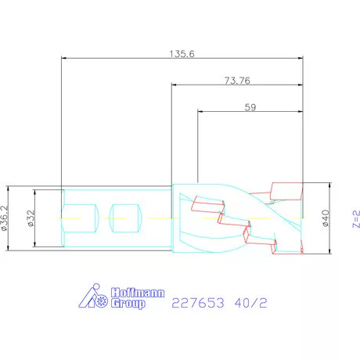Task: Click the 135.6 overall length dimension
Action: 182,54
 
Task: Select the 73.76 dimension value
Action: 237,81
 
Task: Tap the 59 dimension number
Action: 250,107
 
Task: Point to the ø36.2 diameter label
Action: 5,218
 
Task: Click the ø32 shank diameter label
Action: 31,218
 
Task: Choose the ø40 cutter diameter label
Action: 326,218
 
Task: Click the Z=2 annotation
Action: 356,219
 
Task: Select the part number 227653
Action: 198,303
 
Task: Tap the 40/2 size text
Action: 250,303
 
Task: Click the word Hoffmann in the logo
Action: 138,293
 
